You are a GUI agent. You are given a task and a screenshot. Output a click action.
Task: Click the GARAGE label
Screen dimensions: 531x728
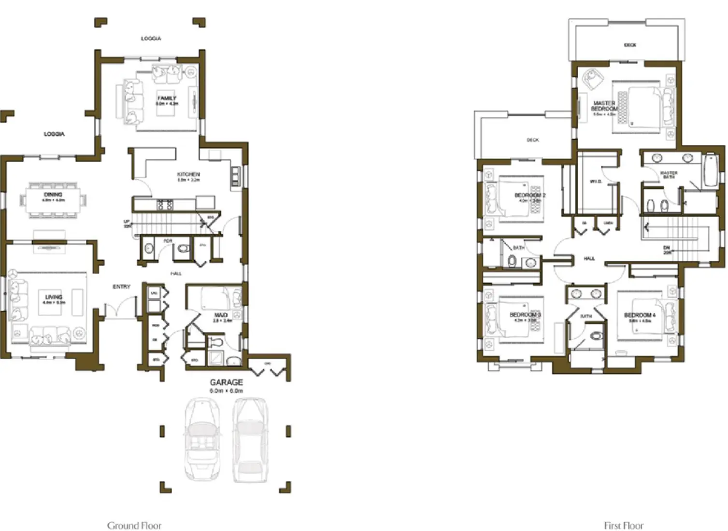pyautogui.click(x=226, y=382)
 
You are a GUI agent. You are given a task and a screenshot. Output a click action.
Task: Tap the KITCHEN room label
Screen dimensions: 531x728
pyautogui.click(x=188, y=174)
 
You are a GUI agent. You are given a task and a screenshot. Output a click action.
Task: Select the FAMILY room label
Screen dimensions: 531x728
pyautogui.click(x=167, y=98)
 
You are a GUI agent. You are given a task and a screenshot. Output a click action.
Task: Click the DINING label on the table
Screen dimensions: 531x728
pyautogui.click(x=53, y=195)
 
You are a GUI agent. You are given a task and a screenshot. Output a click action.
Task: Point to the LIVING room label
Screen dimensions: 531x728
pyautogui.click(x=54, y=297)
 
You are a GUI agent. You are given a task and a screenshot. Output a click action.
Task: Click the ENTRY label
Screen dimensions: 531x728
pyautogui.click(x=122, y=287)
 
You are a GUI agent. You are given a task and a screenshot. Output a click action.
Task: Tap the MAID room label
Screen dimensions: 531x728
pyautogui.click(x=221, y=315)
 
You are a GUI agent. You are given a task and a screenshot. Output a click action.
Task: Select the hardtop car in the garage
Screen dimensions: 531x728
pyautogui.click(x=250, y=438)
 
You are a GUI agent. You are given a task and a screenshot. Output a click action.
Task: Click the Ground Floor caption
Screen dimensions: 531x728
pyautogui.click(x=134, y=525)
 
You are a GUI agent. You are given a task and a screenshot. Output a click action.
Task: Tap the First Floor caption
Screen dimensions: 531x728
pyautogui.click(x=624, y=525)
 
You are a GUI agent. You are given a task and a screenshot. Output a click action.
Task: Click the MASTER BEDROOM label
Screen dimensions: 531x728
pyautogui.click(x=604, y=106)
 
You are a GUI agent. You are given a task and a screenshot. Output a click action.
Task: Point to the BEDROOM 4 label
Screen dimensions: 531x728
pyautogui.click(x=640, y=315)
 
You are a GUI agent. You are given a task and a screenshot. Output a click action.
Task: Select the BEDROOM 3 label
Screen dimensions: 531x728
pyautogui.click(x=525, y=315)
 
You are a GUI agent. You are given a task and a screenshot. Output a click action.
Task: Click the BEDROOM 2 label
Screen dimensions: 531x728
pyautogui.click(x=530, y=196)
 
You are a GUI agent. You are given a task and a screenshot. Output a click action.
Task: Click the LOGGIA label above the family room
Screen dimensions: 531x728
pyautogui.click(x=151, y=38)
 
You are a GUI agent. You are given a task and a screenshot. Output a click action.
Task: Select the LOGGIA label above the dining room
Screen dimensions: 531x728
pyautogui.click(x=54, y=134)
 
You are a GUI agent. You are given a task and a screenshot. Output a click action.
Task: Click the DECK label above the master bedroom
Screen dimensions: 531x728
pyautogui.click(x=630, y=45)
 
